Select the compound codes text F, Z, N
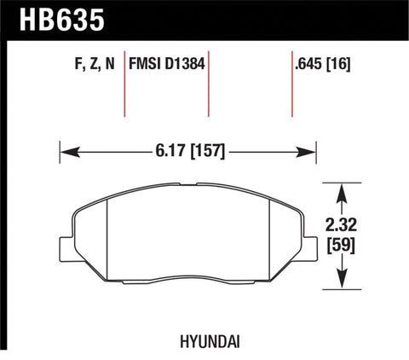coord(89,62)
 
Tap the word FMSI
coord(146,62)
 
